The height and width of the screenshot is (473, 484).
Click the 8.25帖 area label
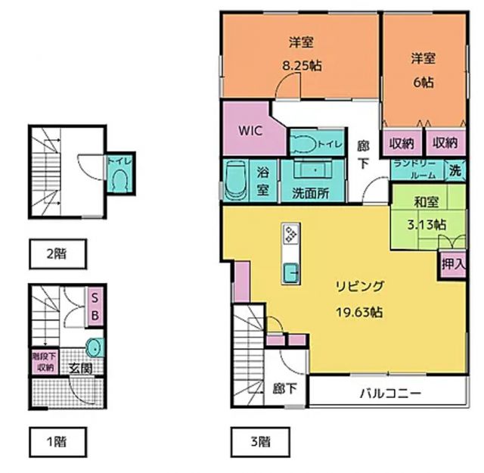300,66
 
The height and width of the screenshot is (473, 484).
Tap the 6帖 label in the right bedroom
422,79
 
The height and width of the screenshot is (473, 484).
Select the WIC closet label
250,129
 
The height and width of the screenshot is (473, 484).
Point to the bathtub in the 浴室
235,181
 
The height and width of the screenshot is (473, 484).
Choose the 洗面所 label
310,192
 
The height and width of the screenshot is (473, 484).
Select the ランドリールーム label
415,171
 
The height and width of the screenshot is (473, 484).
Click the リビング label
361,286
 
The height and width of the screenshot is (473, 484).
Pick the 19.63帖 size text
359,311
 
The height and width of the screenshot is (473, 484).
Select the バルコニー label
389,394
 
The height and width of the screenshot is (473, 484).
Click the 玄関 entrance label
81,368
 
